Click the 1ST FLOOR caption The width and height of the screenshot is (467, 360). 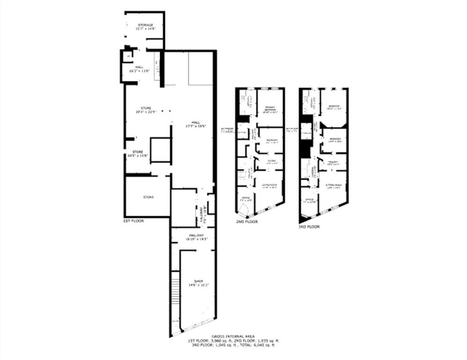pos(133,220)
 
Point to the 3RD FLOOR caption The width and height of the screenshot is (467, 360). pos(309,226)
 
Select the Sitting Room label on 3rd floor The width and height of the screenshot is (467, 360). pos(333,186)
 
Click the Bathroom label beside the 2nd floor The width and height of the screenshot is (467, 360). pos(228,129)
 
